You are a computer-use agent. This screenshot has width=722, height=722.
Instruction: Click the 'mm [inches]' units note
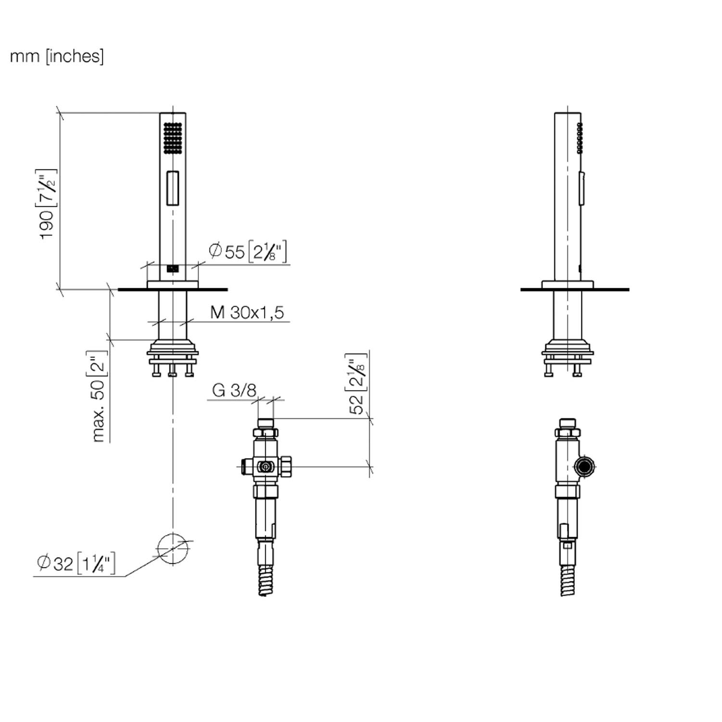point(57,56)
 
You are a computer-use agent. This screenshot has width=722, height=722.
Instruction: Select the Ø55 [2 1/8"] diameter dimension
point(248,251)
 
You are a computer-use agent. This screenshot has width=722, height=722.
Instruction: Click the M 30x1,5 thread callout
point(247,312)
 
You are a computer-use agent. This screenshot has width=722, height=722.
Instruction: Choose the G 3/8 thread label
point(234,390)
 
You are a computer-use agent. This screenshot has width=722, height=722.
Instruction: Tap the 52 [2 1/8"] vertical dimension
point(357,384)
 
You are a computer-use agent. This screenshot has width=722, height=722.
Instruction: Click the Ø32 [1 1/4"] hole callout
point(76,563)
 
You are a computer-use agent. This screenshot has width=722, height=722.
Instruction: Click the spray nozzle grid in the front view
point(172,138)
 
